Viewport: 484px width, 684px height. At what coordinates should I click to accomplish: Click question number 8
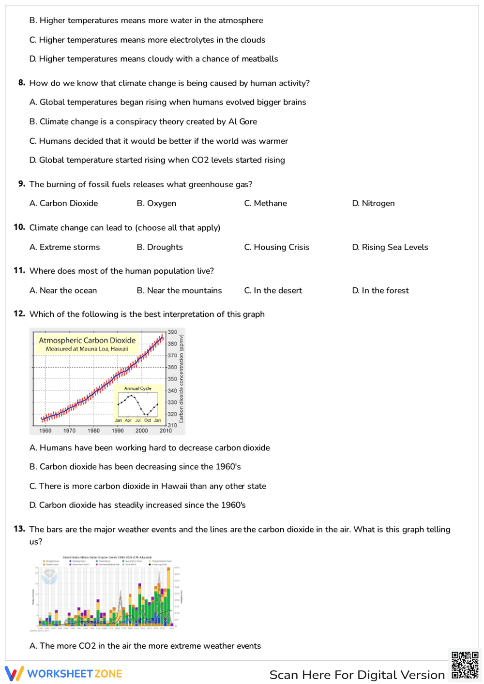pos(22,83)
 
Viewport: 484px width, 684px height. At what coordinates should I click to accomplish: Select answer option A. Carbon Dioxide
pos(63,203)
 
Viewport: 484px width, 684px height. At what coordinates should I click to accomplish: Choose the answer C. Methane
pos(265,203)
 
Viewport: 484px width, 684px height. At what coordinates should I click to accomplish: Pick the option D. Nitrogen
pos(373,203)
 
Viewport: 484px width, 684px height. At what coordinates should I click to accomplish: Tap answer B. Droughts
pos(160,247)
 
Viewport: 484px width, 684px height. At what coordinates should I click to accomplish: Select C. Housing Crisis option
pos(276,247)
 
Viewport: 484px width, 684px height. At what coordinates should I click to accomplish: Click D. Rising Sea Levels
pos(390,247)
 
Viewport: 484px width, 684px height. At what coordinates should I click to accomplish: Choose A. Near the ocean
pos(63,290)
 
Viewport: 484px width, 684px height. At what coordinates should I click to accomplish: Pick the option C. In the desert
pos(273,290)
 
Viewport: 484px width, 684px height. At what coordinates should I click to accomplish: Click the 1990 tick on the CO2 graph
pos(118,430)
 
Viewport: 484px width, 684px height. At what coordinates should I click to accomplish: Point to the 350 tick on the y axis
pos(172,379)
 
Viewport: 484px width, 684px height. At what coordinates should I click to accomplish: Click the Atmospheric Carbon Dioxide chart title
pos(87,340)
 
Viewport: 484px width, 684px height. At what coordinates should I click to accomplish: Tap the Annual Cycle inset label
pos(138,388)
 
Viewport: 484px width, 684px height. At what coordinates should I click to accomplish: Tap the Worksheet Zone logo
pos(63,673)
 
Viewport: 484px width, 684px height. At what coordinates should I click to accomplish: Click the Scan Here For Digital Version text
pos(357,675)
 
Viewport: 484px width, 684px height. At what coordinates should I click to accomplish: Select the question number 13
pos(19,529)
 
